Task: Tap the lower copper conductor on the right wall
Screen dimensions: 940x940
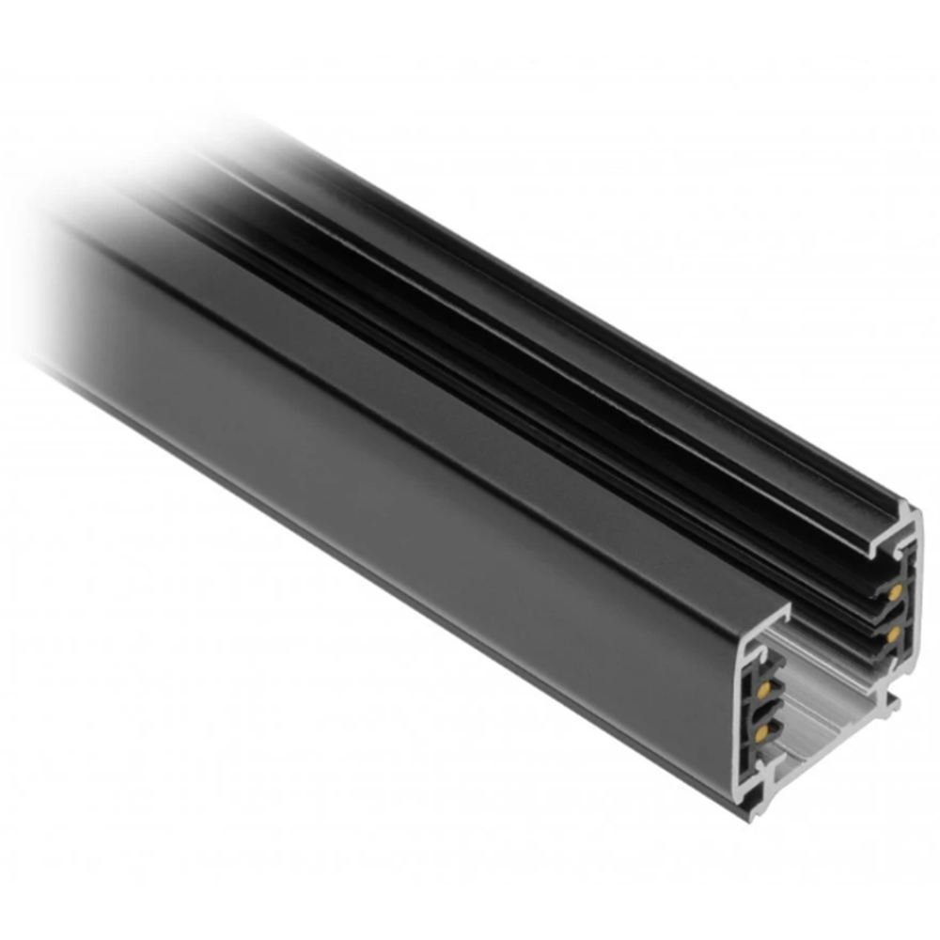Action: coord(893,634)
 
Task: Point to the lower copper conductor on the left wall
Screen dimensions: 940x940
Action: coord(761,732)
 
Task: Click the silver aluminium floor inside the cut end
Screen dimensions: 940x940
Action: coord(818,714)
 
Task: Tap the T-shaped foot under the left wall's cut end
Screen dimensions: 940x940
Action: coord(756,808)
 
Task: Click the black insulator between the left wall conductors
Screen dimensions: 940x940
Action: coord(763,711)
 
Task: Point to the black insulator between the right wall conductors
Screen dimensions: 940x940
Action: coord(892,614)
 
